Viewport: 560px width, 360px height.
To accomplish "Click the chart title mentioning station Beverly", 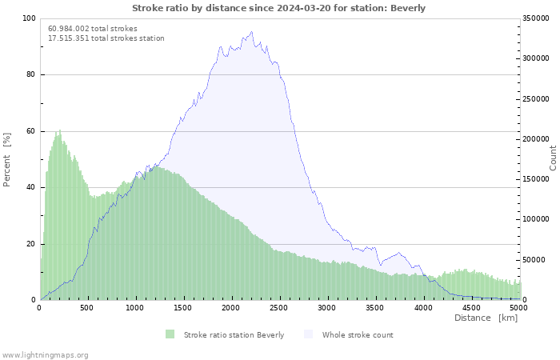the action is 278,8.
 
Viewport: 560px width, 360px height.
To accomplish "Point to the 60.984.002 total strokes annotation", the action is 93,29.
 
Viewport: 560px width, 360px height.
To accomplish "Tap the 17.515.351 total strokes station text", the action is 106,38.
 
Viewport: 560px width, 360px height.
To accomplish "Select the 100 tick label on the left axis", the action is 29,18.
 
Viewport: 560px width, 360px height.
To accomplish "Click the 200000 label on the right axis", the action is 536,139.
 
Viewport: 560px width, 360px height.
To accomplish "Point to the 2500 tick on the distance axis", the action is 278,308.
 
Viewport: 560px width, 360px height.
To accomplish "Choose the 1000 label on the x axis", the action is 134,308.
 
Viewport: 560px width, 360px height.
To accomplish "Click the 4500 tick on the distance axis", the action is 470,308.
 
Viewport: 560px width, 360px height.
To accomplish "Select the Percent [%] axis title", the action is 6,160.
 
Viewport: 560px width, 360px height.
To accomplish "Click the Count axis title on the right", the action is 553,158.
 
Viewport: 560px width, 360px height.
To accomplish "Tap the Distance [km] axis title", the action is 486,318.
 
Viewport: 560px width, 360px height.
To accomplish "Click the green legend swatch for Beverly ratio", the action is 170,334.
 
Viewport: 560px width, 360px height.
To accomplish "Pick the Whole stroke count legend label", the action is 358,335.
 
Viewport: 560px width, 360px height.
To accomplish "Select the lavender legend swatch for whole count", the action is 308,334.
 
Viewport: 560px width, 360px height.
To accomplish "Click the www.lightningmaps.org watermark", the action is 45,355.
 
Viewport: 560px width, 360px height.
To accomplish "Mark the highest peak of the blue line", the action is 252,32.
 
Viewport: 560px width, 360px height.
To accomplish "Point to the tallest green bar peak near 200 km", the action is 60,130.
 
